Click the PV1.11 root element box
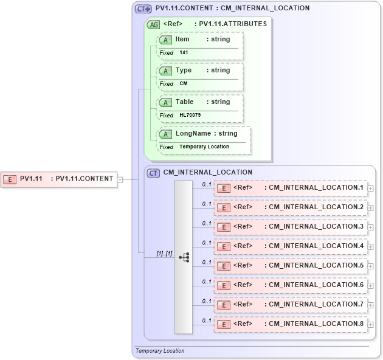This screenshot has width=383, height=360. [x=59, y=179]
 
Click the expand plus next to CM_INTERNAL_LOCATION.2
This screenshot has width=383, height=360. [x=370, y=208]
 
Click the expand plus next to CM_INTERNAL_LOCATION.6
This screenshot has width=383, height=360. [x=370, y=286]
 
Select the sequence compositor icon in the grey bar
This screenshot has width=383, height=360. [x=184, y=258]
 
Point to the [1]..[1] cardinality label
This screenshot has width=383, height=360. [x=164, y=253]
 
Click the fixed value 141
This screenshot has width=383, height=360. [x=184, y=53]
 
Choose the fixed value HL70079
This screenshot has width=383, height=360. [x=190, y=115]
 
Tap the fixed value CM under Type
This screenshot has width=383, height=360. [x=183, y=84]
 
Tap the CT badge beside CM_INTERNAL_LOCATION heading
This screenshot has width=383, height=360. [x=154, y=173]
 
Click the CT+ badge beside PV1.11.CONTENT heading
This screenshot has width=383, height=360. [x=143, y=9]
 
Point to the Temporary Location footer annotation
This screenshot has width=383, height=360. [x=160, y=351]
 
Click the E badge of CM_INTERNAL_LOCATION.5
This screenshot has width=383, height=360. [x=224, y=266]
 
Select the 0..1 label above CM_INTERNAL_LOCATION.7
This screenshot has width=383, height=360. [x=206, y=301]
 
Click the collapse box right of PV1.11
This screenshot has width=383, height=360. [x=120, y=179]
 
